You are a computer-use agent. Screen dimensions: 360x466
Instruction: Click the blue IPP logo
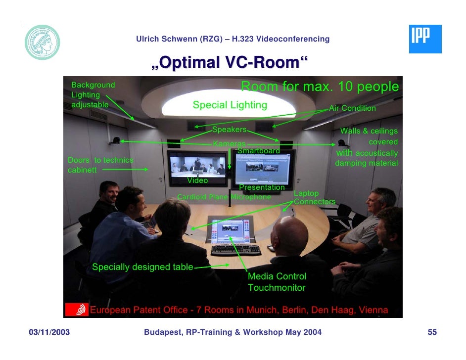pos(425,39)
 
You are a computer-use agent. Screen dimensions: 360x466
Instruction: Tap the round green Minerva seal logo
pos(43,43)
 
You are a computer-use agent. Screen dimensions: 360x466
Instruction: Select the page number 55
pos(432,332)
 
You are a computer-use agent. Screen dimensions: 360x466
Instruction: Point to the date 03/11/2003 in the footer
pos(48,332)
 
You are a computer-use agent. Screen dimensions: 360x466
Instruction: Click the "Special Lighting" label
pos(230,105)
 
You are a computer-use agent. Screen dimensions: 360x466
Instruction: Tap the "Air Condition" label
pos(352,108)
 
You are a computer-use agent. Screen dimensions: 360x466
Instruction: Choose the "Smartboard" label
pos(258,150)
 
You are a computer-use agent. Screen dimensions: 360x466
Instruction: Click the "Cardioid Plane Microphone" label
pos(224,197)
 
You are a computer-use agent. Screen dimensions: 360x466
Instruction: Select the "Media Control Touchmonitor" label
pos(277,282)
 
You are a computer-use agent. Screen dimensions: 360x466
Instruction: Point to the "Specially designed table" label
pos(142,267)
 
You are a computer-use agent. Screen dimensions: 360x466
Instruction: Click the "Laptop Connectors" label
pos(314,197)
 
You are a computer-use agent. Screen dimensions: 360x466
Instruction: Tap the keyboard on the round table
pos(236,250)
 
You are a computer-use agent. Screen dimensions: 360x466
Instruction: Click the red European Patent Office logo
pos(78,310)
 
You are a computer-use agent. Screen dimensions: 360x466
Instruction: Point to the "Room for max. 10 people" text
pos(320,87)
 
